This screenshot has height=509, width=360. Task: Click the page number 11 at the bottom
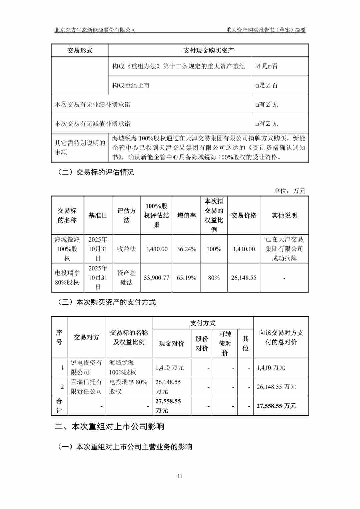click(180, 476)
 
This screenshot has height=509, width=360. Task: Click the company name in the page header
click(95, 30)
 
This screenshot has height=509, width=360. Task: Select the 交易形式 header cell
click(80, 50)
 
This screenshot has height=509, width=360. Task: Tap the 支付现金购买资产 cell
click(209, 50)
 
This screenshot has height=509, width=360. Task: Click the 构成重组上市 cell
click(131, 85)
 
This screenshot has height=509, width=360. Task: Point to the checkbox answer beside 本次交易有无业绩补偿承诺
click(267, 105)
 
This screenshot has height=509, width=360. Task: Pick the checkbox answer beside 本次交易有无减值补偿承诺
click(267, 124)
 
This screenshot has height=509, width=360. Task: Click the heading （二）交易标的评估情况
click(96, 172)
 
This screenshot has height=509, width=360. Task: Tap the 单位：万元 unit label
click(289, 191)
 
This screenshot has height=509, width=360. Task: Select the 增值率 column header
click(186, 215)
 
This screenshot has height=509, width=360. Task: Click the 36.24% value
click(186, 249)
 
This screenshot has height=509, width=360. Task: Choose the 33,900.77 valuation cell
click(156, 278)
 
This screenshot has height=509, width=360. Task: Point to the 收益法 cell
click(126, 249)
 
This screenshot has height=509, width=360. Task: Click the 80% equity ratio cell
click(214, 278)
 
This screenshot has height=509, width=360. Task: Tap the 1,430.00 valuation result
click(156, 249)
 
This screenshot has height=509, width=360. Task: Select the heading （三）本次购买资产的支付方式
click(107, 302)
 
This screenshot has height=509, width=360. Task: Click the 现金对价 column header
click(171, 343)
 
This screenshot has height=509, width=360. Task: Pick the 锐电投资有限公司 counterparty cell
click(86, 367)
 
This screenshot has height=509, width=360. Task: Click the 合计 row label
click(59, 406)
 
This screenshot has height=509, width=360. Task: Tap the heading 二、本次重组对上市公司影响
click(109, 426)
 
